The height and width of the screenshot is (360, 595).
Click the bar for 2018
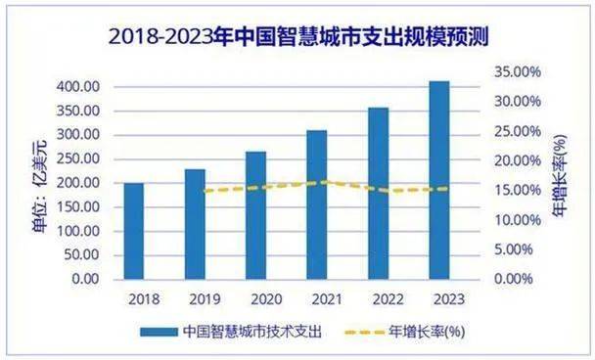134,231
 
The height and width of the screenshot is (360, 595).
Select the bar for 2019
195,224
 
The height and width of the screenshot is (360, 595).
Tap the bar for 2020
255,215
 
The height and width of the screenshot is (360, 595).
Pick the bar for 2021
316,204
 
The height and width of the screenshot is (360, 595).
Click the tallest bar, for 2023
438,180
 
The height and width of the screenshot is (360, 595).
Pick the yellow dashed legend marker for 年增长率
370,332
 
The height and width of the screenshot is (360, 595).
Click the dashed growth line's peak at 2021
324,181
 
